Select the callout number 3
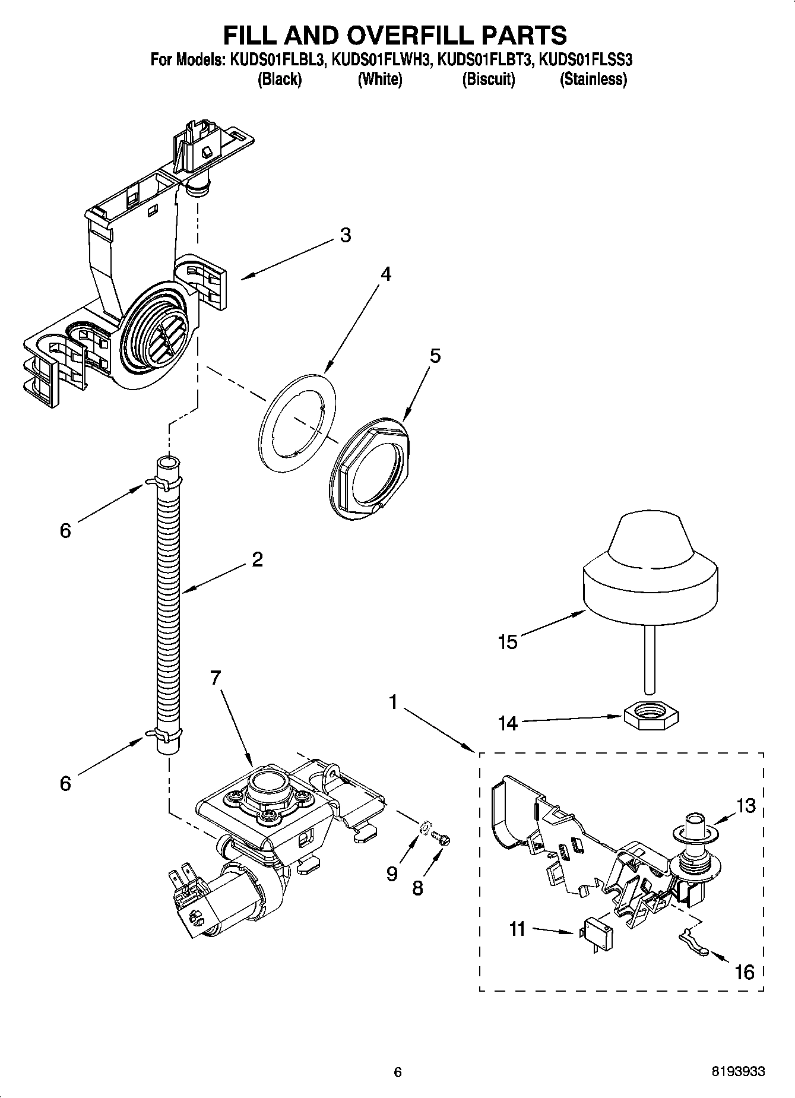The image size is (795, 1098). pyautogui.click(x=346, y=236)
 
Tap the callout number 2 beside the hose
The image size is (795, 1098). pyautogui.click(x=256, y=559)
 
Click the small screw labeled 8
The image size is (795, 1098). pyautogui.click(x=442, y=838)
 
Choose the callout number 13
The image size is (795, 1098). pyautogui.click(x=746, y=806)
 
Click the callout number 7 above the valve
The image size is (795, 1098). pyautogui.click(x=215, y=677)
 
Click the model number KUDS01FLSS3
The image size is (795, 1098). pyautogui.click(x=585, y=60)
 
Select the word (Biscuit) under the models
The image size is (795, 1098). pyautogui.click(x=489, y=79)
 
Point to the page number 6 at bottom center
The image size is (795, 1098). pyautogui.click(x=398, y=1072)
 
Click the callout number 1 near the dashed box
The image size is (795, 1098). pyautogui.click(x=392, y=703)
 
